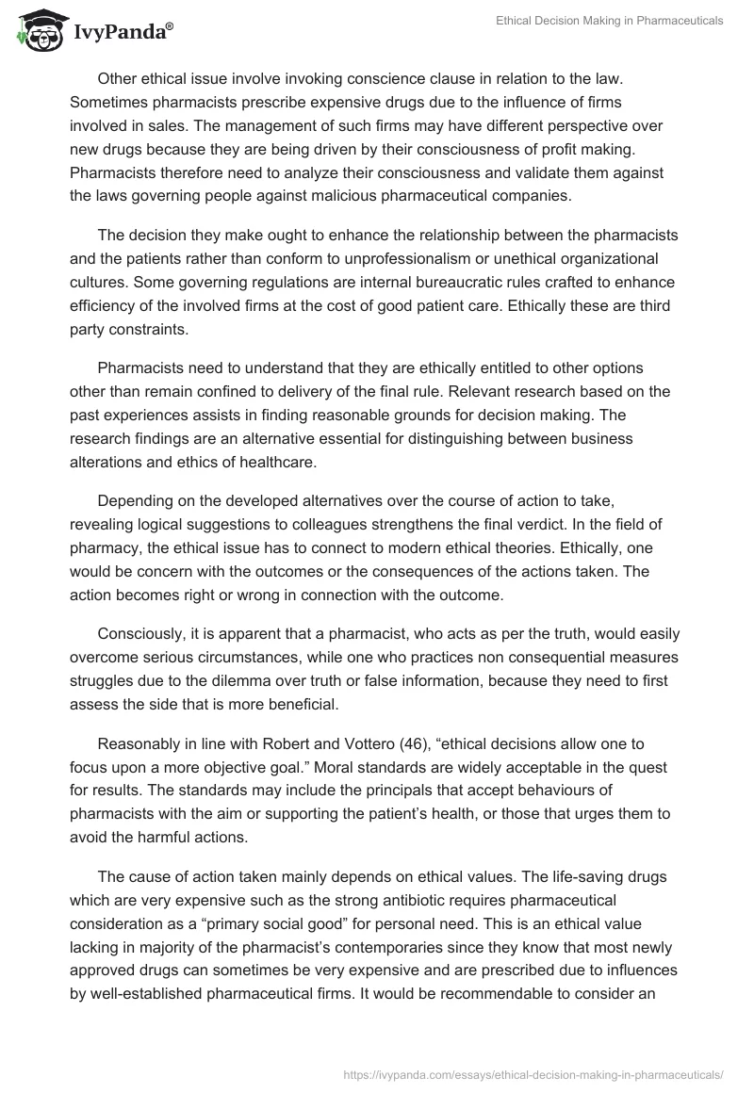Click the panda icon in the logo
35,32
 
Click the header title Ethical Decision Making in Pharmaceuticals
610,21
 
